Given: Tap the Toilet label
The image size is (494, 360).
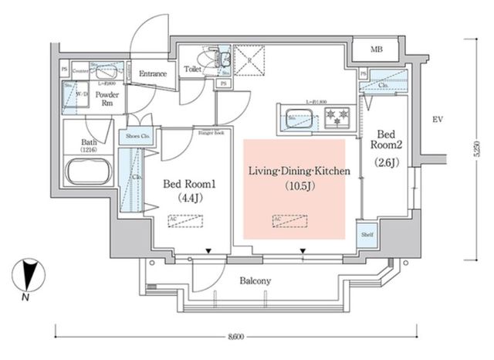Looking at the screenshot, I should click(193, 70).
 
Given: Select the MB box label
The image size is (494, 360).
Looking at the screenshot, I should click(377, 51).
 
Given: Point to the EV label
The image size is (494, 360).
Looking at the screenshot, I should click(436, 120).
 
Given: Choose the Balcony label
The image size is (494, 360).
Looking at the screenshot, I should click(255, 281).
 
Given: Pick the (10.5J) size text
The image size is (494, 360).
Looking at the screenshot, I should click(296, 186).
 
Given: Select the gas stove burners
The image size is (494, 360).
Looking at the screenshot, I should click(336, 118).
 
